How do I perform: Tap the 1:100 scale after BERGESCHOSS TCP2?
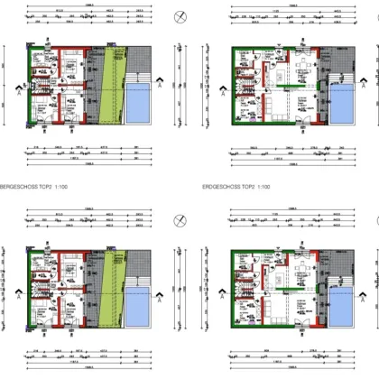click(x=69, y=188)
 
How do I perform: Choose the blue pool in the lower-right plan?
click(x=343, y=305)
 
